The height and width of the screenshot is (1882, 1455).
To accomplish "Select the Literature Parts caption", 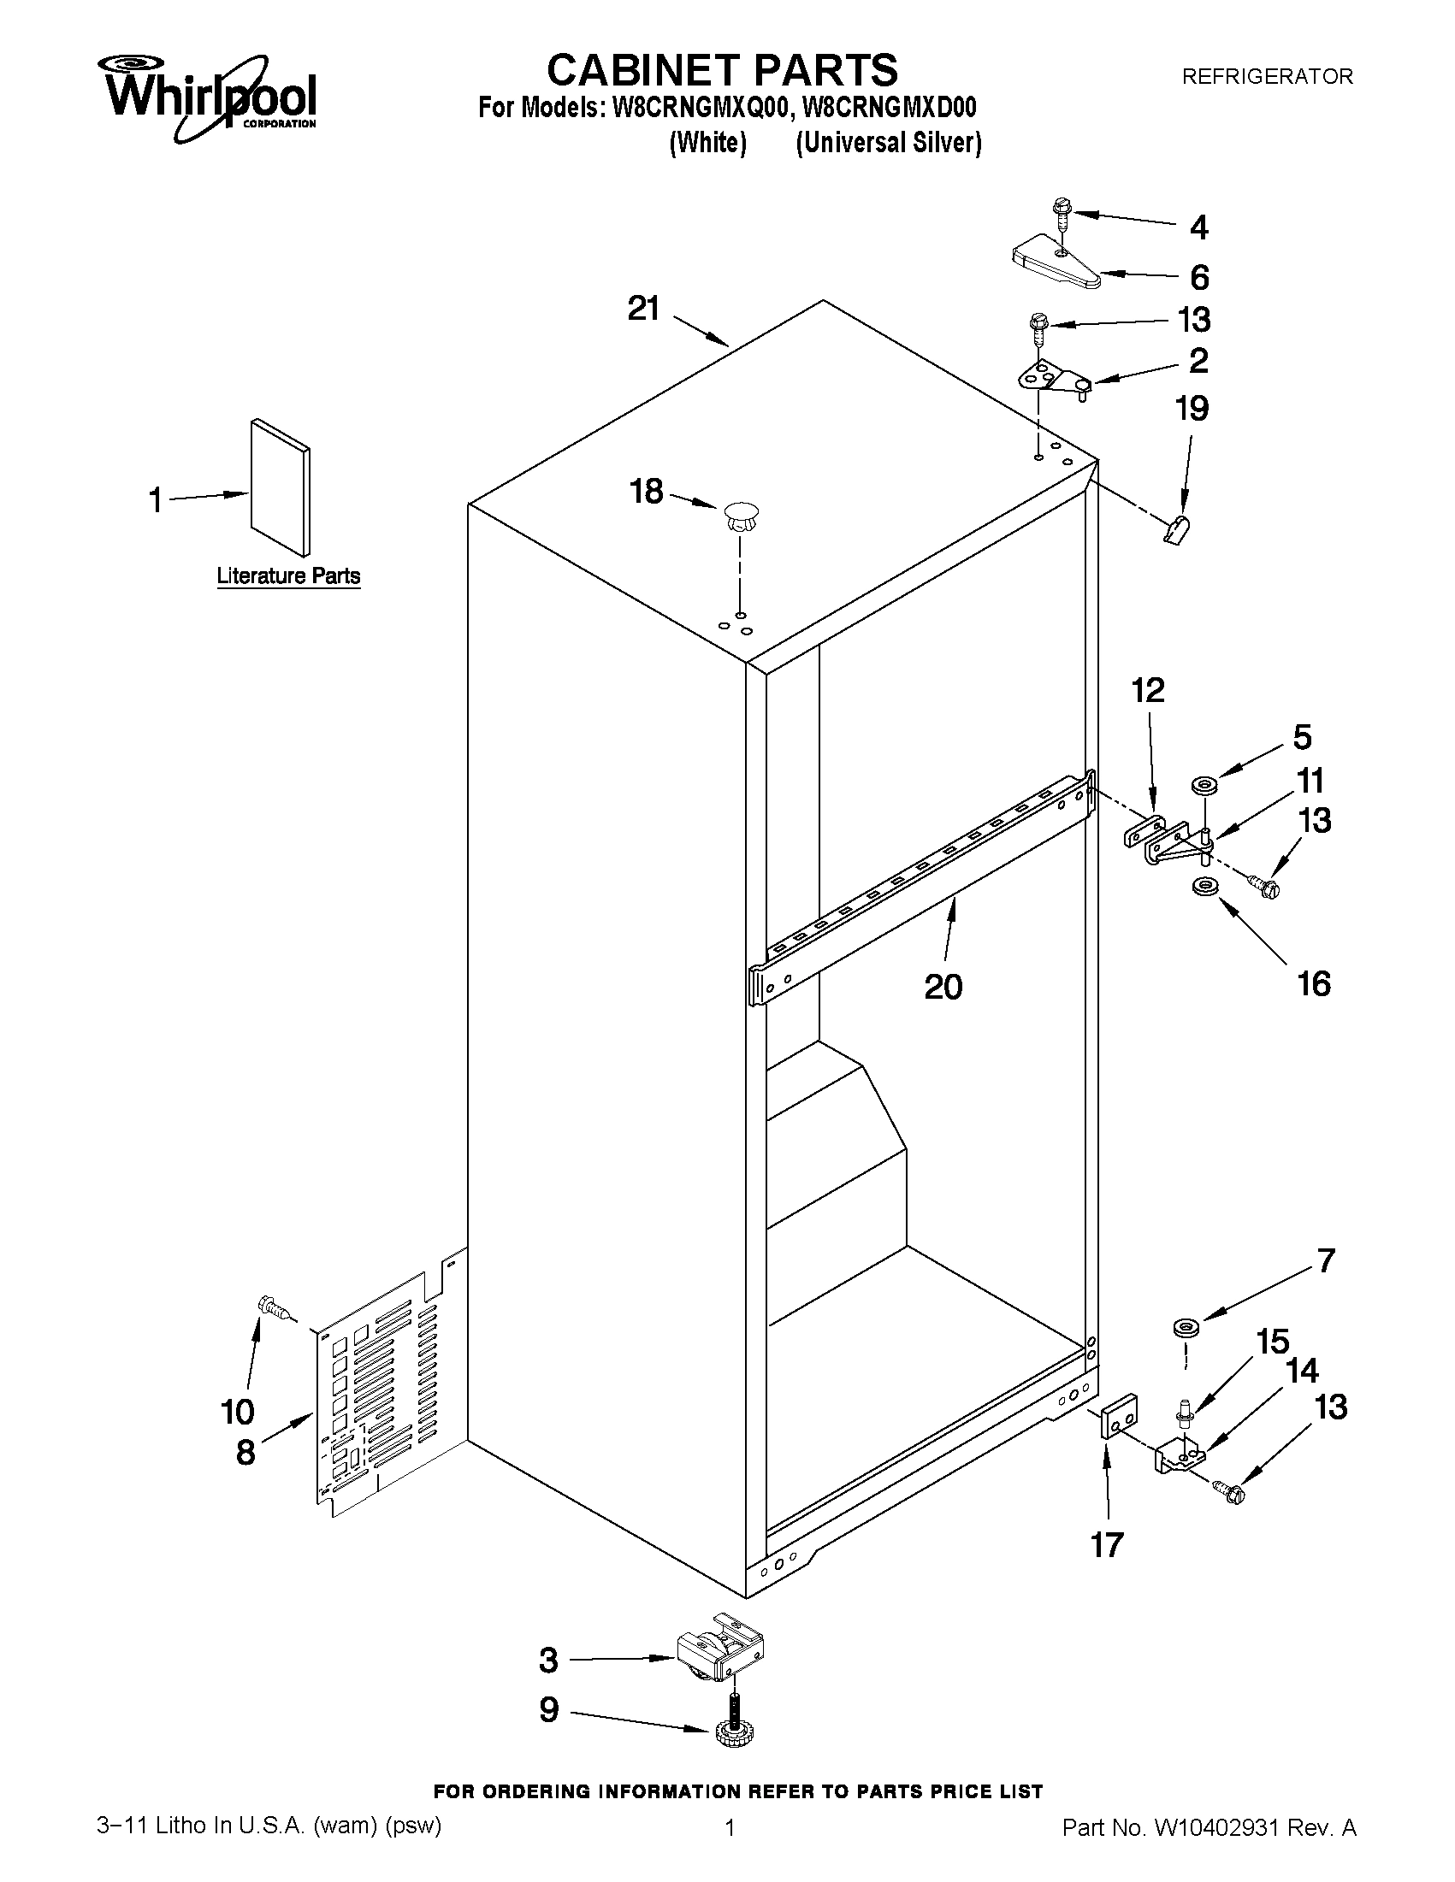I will [288, 575].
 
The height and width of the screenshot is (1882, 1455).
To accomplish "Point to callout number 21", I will [643, 309].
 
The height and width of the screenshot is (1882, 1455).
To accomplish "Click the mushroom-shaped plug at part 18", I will [740, 516].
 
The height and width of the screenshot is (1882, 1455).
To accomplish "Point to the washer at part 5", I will [1202, 785].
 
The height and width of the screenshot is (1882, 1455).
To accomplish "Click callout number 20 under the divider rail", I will [942, 987].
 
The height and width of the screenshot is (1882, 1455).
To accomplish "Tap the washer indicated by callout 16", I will [1201, 886].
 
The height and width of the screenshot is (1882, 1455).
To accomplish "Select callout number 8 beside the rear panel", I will [245, 1452].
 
